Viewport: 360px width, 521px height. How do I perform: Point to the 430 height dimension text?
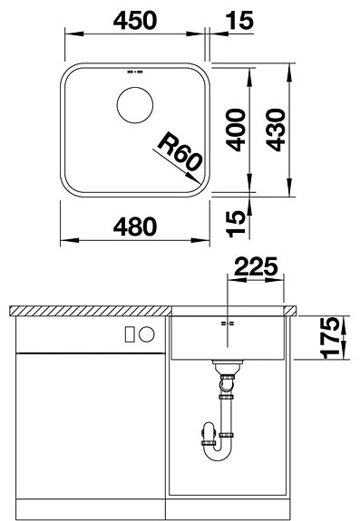coord(274,129)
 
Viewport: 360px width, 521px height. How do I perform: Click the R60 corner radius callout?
coord(179,149)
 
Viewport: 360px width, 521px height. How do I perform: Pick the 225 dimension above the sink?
coord(256,267)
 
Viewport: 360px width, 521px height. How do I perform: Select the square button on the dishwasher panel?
coord(130,333)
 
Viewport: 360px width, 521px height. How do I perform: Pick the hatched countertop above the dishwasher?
coord(91,310)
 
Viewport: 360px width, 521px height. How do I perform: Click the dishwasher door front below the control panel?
coord(91,426)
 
